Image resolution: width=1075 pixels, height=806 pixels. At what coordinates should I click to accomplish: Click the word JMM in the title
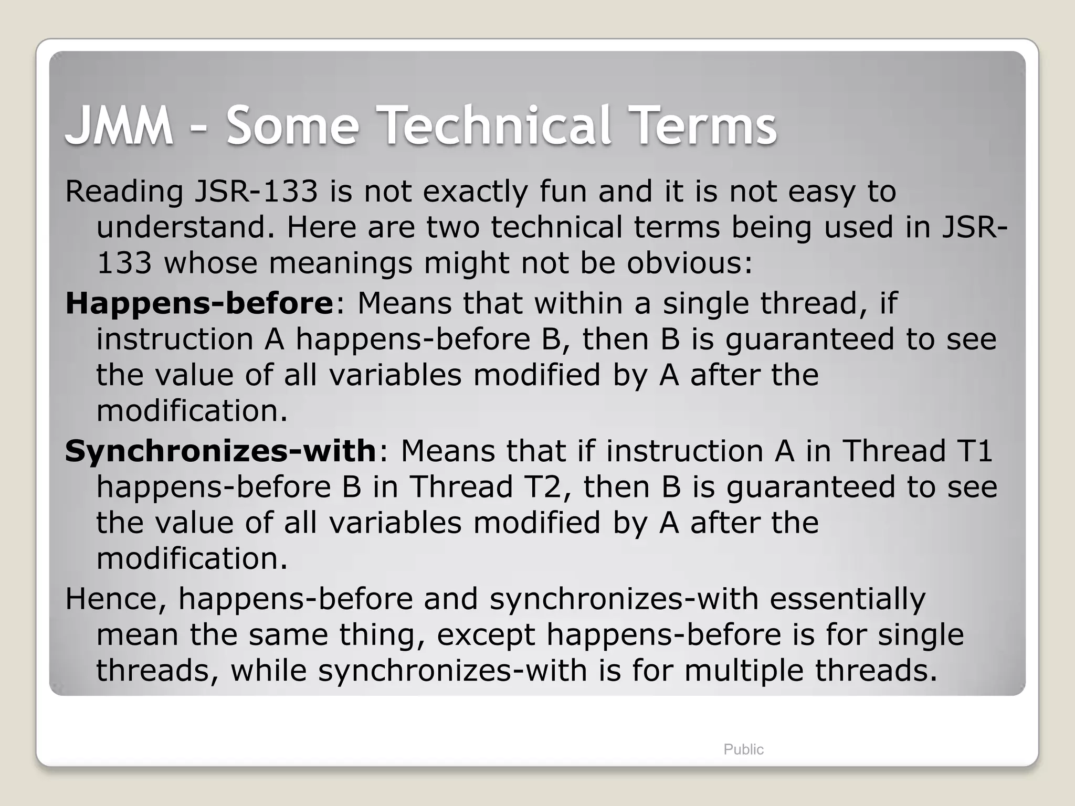(x=119, y=126)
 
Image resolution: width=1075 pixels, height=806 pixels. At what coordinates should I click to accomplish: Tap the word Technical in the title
(x=497, y=126)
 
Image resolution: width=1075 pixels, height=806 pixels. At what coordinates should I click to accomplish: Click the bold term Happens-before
(x=199, y=303)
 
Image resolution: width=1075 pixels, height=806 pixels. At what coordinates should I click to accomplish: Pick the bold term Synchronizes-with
(x=220, y=451)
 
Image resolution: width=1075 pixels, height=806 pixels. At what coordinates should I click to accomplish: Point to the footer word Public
(x=743, y=749)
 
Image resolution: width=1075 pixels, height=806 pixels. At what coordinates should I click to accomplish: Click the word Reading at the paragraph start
(x=124, y=192)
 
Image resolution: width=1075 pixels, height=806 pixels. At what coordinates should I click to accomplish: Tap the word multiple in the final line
(x=743, y=671)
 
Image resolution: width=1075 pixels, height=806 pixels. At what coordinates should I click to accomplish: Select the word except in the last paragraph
(x=486, y=635)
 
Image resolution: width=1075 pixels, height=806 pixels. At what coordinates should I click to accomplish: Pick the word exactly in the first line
(x=475, y=192)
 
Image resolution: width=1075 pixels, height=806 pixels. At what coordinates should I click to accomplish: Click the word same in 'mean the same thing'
(x=287, y=635)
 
